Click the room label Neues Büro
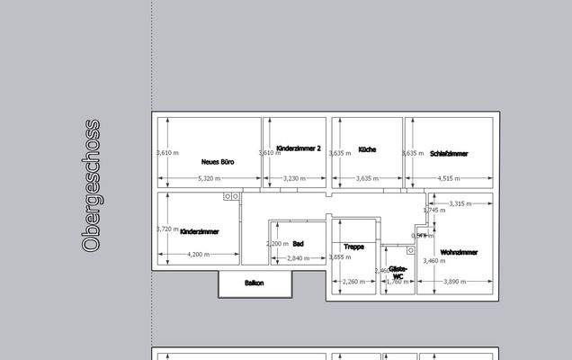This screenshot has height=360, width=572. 218,162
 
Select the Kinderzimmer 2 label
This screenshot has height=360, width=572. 299,148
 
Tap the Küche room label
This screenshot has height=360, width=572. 367,149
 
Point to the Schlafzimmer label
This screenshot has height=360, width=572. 449,153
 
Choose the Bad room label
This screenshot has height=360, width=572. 298,243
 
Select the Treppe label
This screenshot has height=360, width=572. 353,246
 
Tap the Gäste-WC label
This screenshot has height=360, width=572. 398,272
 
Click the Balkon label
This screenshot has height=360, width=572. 255,283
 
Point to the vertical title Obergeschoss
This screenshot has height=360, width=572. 91,186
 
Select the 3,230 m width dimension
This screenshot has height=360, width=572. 295,179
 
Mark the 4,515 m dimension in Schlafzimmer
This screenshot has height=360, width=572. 450,179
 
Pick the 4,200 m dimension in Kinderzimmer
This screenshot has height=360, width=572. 199,255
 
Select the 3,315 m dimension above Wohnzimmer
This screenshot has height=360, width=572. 460,203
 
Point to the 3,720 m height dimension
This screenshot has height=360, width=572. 168,229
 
